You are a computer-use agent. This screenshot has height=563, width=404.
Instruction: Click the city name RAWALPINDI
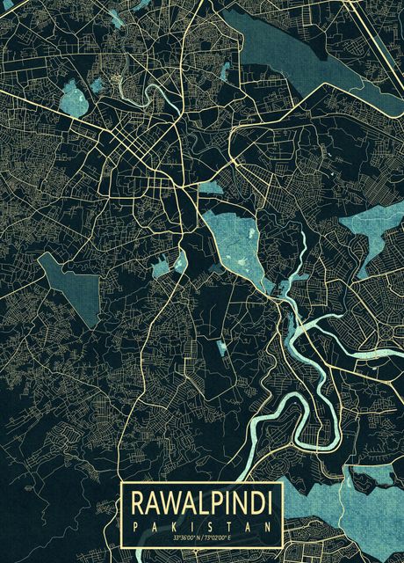coord(201,504)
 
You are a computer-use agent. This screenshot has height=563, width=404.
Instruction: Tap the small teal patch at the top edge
coord(118,15)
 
